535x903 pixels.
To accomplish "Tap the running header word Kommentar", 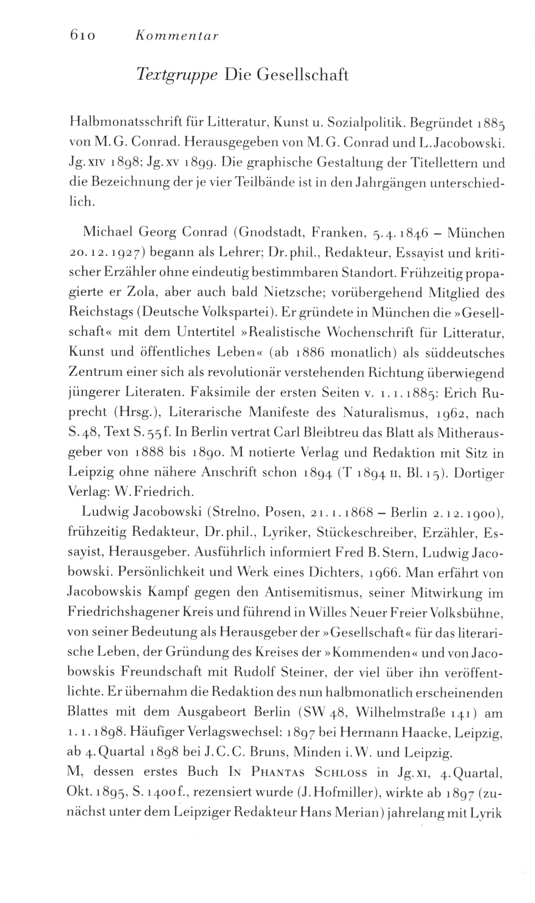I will (x=177, y=36).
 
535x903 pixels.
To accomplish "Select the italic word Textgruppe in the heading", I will (x=177, y=75).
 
